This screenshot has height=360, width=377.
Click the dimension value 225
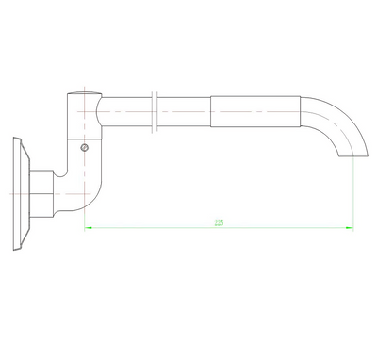pos(219,223)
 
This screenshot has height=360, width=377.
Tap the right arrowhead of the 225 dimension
pos(350,227)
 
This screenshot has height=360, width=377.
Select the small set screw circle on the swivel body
pos(85,147)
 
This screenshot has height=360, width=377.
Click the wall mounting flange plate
pos(19,193)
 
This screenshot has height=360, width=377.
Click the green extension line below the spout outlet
pos(352,188)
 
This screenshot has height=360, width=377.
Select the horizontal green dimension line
pos(170,227)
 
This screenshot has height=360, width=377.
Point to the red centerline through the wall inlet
pos(28,193)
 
